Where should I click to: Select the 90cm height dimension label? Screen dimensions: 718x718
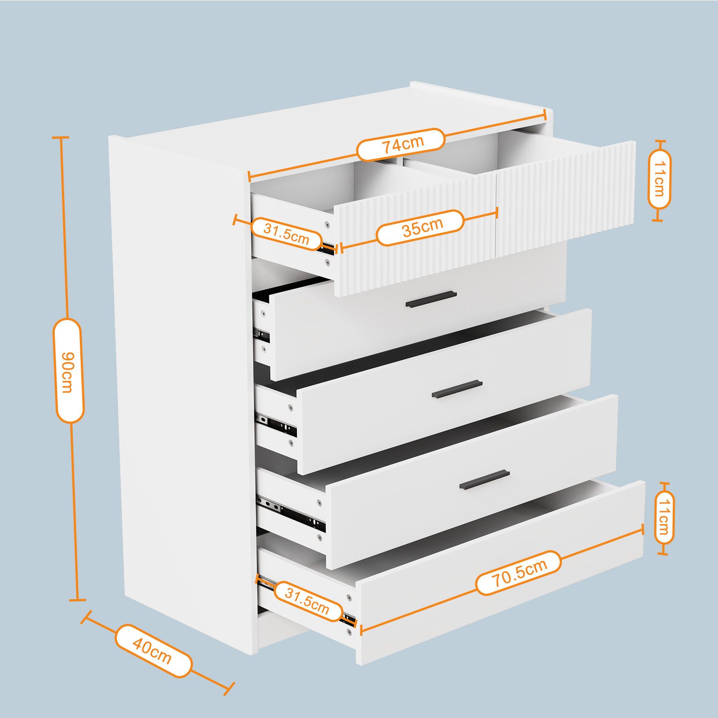tap(68, 370)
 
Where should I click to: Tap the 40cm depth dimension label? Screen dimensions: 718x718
tap(153, 651)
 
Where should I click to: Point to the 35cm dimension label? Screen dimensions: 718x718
tap(420, 228)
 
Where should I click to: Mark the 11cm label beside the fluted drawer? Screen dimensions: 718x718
tap(659, 179)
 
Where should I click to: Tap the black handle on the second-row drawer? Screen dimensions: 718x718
tap(431, 299)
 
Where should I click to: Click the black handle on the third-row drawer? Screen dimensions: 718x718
tap(457, 390)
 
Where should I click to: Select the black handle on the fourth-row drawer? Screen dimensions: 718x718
tap(485, 480)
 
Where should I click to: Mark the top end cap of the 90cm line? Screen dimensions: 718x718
tap(61, 137)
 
